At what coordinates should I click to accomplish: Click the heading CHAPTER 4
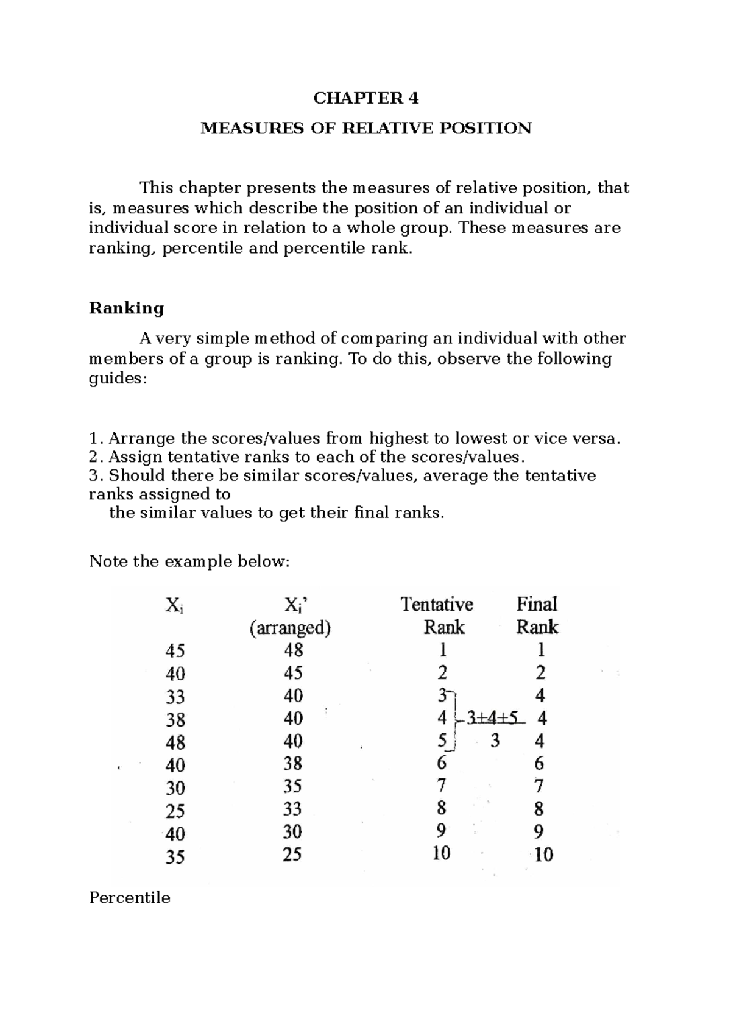[x=365, y=98]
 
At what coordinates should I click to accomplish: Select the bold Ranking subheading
[x=127, y=308]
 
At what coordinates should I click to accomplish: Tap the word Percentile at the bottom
[x=130, y=898]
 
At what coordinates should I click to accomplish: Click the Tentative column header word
[x=437, y=604]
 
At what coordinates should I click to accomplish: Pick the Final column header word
[x=537, y=604]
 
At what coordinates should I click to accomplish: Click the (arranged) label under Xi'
[x=290, y=628]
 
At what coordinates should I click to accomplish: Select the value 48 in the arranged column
[x=293, y=650]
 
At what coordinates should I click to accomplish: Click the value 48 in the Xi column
[x=175, y=742]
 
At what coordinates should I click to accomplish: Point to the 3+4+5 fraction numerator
[x=494, y=718]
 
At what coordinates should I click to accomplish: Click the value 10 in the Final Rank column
[x=543, y=855]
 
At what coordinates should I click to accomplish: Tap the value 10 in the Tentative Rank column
[x=441, y=853]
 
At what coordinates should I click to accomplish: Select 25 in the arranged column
[x=292, y=855]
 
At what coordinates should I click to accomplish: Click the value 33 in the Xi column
[x=175, y=697]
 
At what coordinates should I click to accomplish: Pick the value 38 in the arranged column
[x=293, y=764]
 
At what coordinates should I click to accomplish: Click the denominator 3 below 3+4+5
[x=495, y=741]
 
